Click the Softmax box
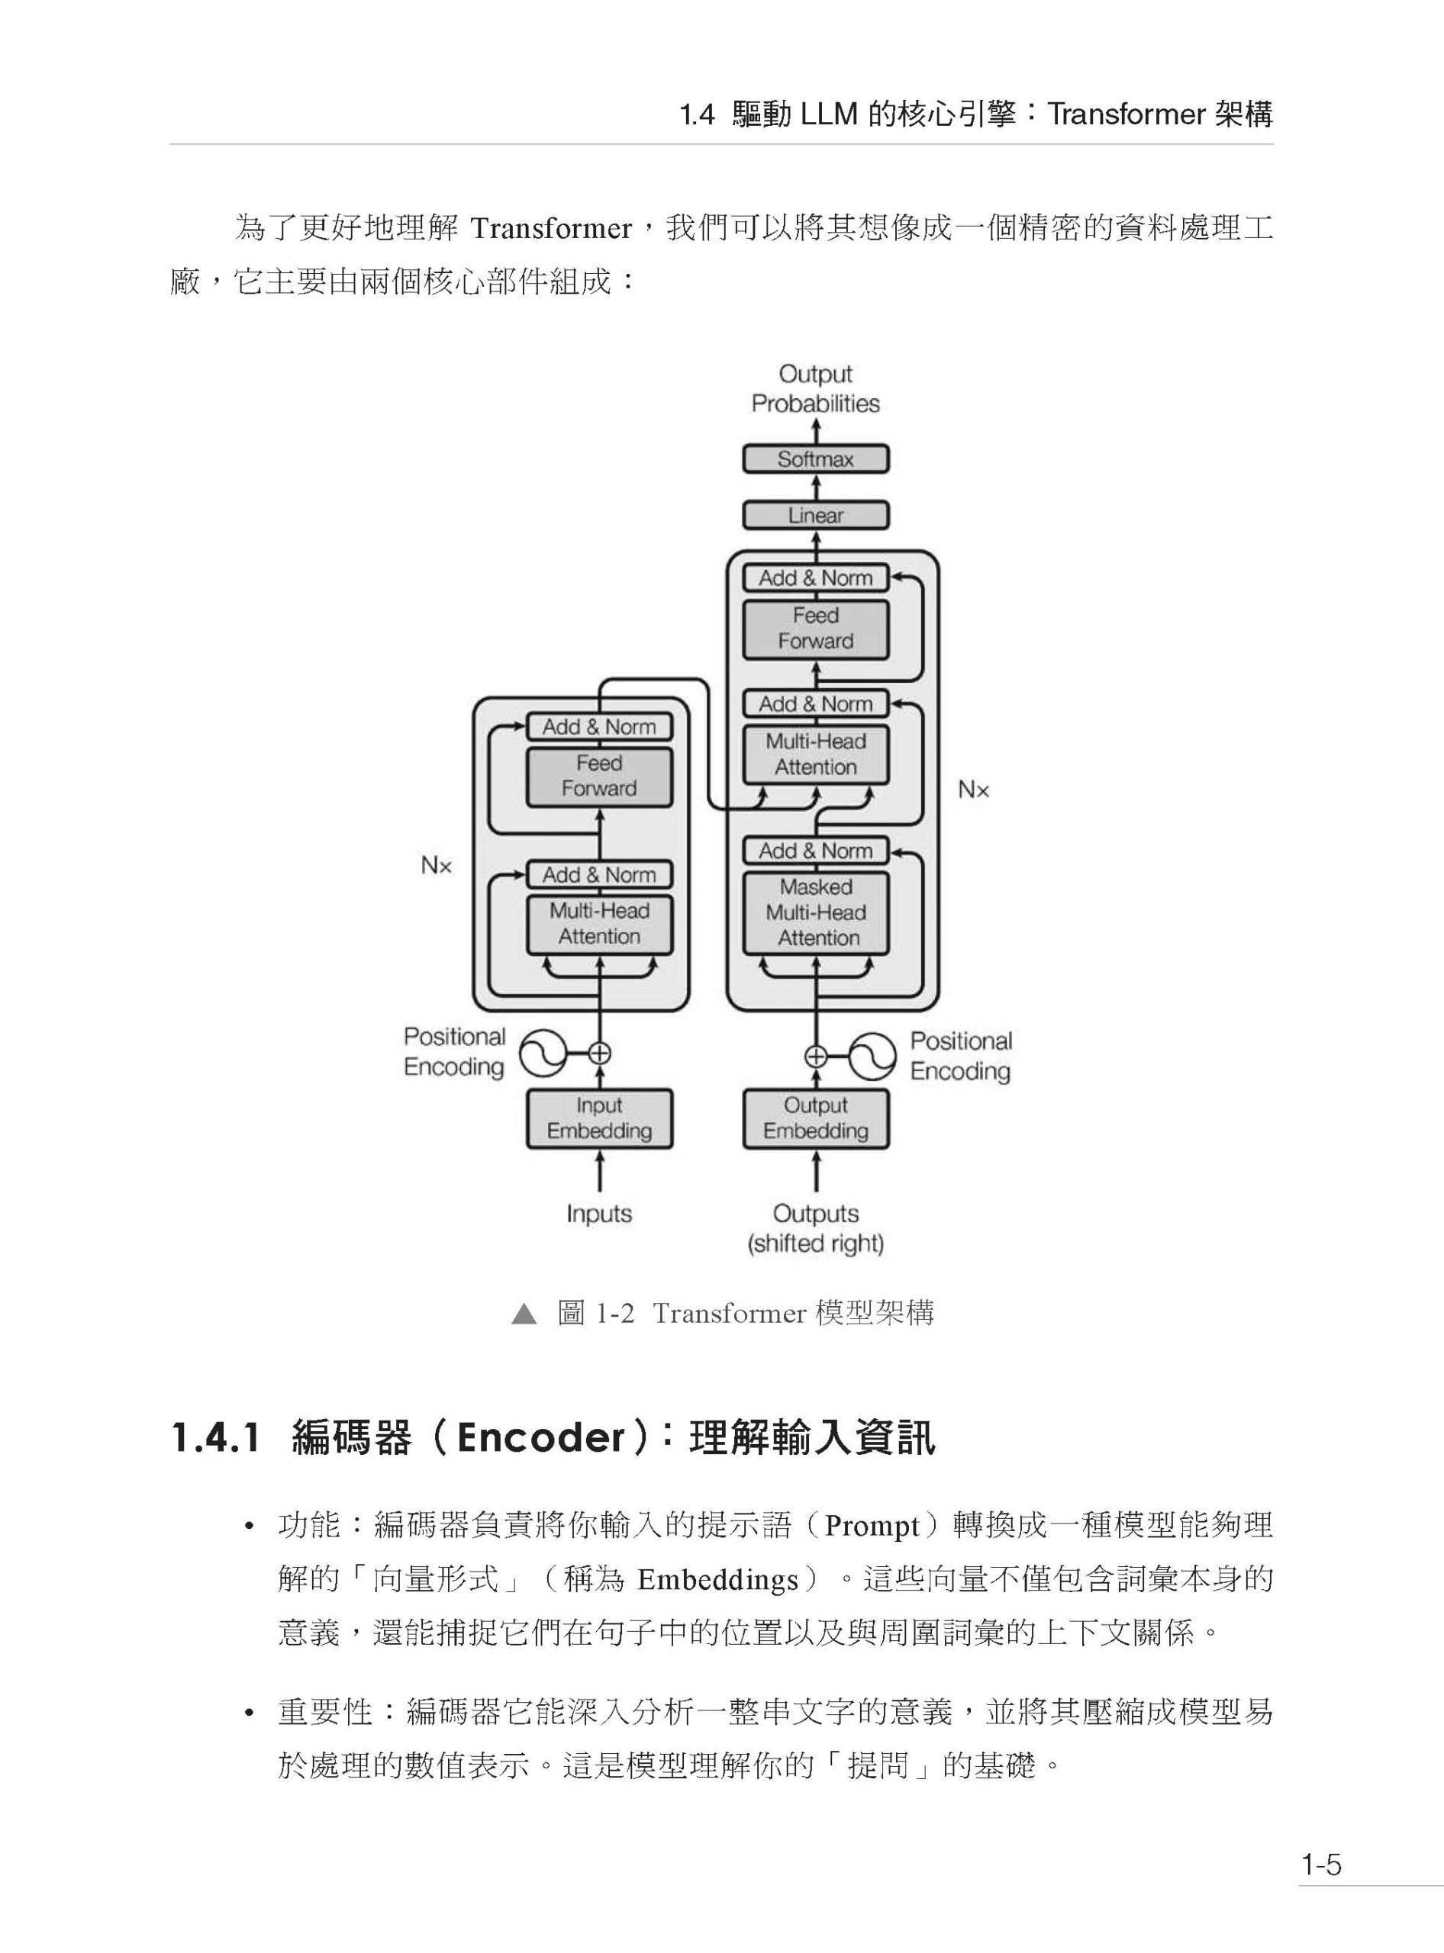coord(816,459)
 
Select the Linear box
coord(816,516)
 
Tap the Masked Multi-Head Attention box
coord(816,912)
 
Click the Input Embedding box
coord(599,1118)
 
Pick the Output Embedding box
coord(816,1118)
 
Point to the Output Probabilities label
coord(816,389)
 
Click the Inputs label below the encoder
coord(599,1214)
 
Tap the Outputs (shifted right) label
coord(816,1228)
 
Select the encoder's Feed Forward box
coord(599,776)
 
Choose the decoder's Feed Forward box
coord(816,629)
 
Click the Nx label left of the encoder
coord(436,866)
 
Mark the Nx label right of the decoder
coord(973,790)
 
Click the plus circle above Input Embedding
coord(600,1054)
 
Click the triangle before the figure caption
coord(524,1314)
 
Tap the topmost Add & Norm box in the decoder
coord(816,578)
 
